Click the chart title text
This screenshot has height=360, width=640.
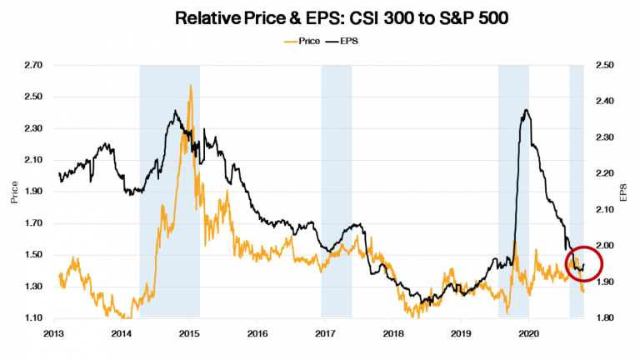320,17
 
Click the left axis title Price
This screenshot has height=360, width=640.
12,192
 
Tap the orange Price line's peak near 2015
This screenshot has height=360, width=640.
191,85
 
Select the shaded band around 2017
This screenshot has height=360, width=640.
337,192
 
